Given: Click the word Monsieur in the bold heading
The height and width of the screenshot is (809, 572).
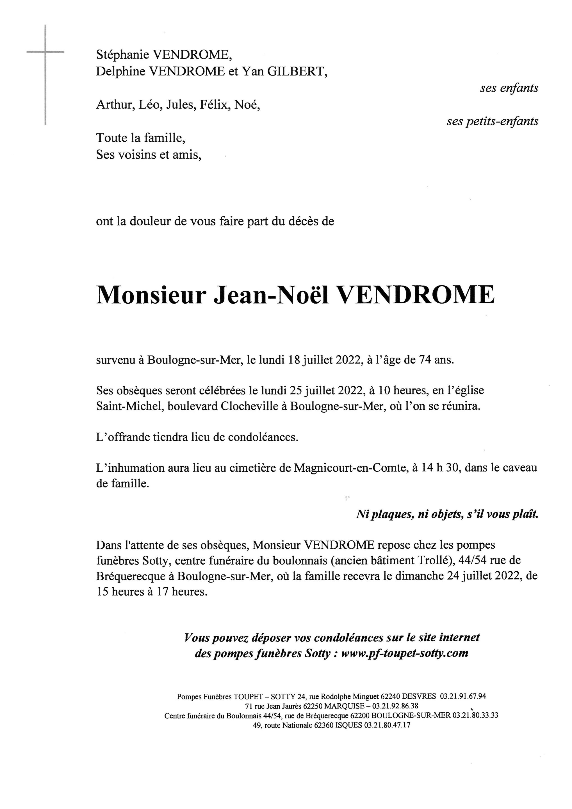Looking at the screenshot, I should pyautogui.click(x=151, y=295).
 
